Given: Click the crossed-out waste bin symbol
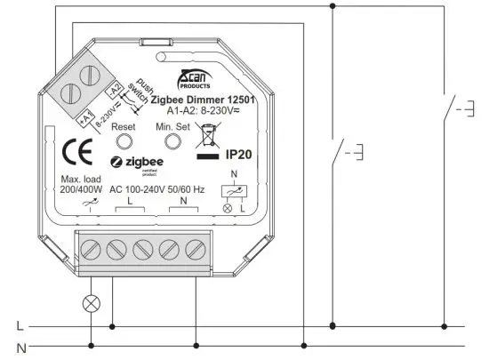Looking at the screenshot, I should coord(208,136).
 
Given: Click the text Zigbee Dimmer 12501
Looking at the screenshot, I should coord(204,100).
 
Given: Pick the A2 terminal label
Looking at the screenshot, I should coord(114,89).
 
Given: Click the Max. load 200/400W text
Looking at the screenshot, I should coord(83,186).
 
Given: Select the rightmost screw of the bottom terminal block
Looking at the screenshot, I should coord(194,248).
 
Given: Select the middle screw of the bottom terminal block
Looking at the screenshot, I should coord(142,248).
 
